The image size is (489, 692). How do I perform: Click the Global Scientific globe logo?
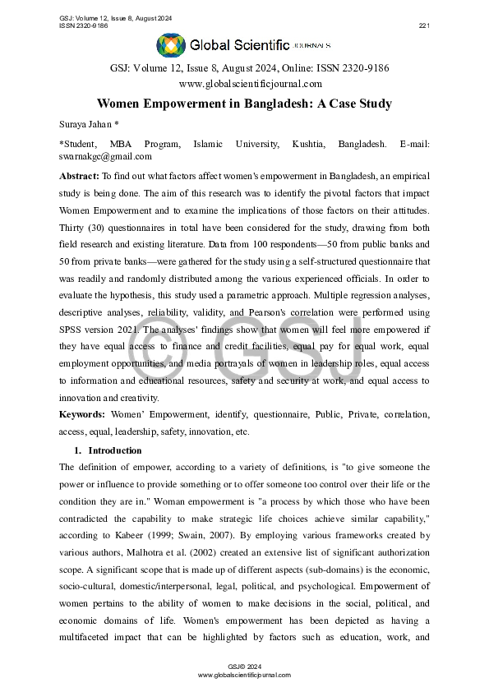coord(171,45)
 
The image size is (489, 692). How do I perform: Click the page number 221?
coord(424,25)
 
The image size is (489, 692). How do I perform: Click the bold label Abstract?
coord(79,177)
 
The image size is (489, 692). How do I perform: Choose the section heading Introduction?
coord(114,450)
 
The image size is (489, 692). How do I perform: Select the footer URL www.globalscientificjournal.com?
coord(244,674)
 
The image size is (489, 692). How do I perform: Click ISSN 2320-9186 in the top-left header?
coord(84,25)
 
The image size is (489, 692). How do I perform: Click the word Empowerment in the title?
coord(188,104)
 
